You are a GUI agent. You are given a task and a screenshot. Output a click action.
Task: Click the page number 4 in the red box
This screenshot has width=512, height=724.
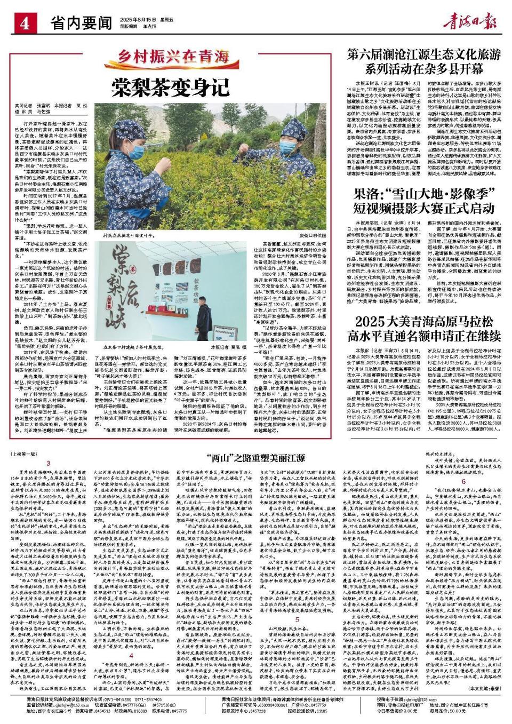pos(25,23)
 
